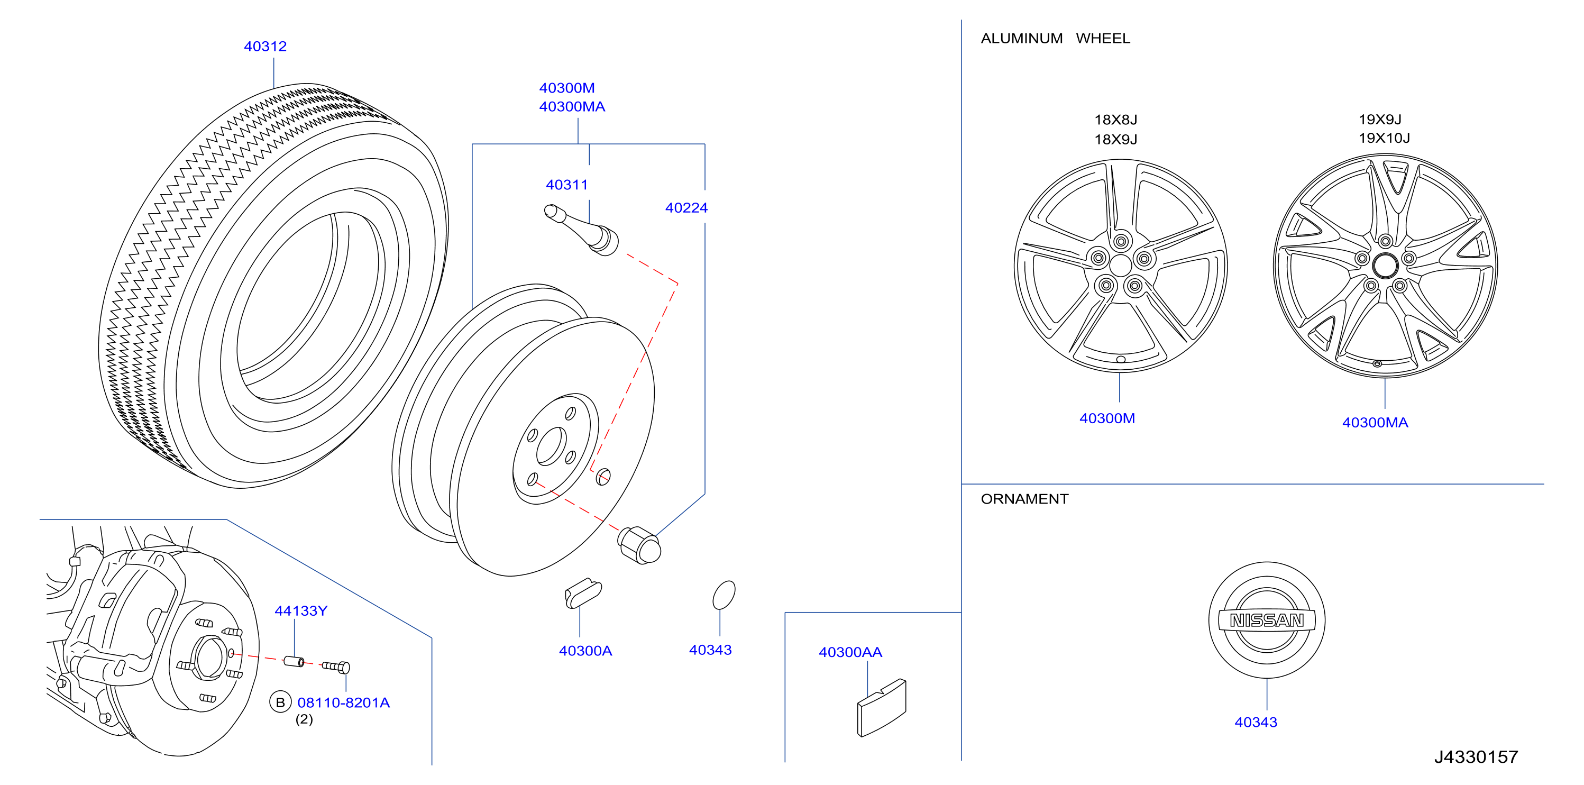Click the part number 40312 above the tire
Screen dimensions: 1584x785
(x=265, y=47)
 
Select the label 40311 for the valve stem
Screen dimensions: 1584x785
(x=567, y=185)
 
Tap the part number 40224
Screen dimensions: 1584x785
(x=686, y=208)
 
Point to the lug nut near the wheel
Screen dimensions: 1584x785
(x=639, y=545)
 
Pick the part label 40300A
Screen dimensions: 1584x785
(x=585, y=651)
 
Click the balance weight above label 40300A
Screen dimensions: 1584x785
(x=583, y=593)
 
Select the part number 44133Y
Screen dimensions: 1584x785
(x=301, y=611)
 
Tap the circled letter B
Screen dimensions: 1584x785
(x=280, y=702)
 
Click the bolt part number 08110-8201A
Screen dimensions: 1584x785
(x=344, y=702)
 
